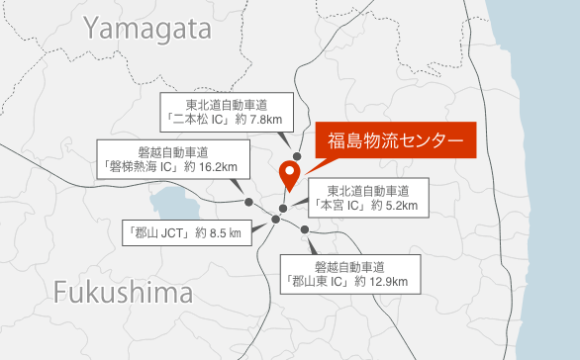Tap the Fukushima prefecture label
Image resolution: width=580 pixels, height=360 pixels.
pos(123,294)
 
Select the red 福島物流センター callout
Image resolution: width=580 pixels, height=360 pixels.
pos(395,140)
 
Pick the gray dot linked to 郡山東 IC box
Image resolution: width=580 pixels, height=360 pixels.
pos(306,230)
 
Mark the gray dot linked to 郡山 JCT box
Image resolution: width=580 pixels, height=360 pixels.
pos(275,219)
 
